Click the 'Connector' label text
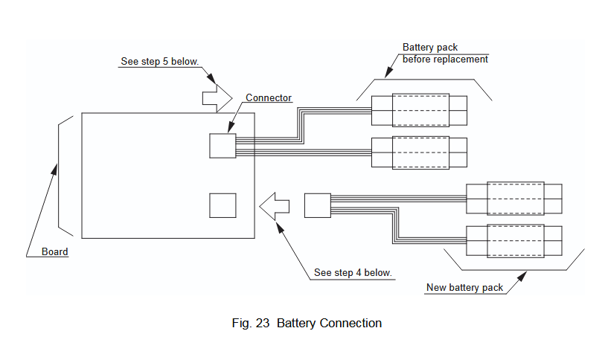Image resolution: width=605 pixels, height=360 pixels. tap(269, 97)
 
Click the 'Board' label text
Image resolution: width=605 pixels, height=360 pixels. tap(54, 252)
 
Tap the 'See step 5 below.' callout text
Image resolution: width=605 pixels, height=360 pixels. tap(159, 61)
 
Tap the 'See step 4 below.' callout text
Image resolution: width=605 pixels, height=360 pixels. tap(353, 273)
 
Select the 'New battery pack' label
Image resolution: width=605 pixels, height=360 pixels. tap(464, 288)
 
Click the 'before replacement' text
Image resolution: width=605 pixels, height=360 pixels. tap(445, 60)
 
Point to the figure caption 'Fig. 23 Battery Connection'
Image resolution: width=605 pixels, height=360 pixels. tap(307, 324)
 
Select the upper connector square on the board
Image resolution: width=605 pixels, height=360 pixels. tap(222, 145)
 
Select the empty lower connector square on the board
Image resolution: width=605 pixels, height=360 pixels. tap(222, 205)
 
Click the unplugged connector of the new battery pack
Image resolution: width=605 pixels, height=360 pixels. tap(317, 205)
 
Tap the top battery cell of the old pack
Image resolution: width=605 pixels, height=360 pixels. tap(420, 110)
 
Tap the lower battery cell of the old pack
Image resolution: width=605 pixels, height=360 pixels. tap(420, 152)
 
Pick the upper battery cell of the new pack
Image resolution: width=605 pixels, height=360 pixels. tap(513, 198)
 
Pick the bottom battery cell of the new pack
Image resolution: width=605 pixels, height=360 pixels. tap(513, 240)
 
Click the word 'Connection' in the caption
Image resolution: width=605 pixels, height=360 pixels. tap(350, 324)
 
